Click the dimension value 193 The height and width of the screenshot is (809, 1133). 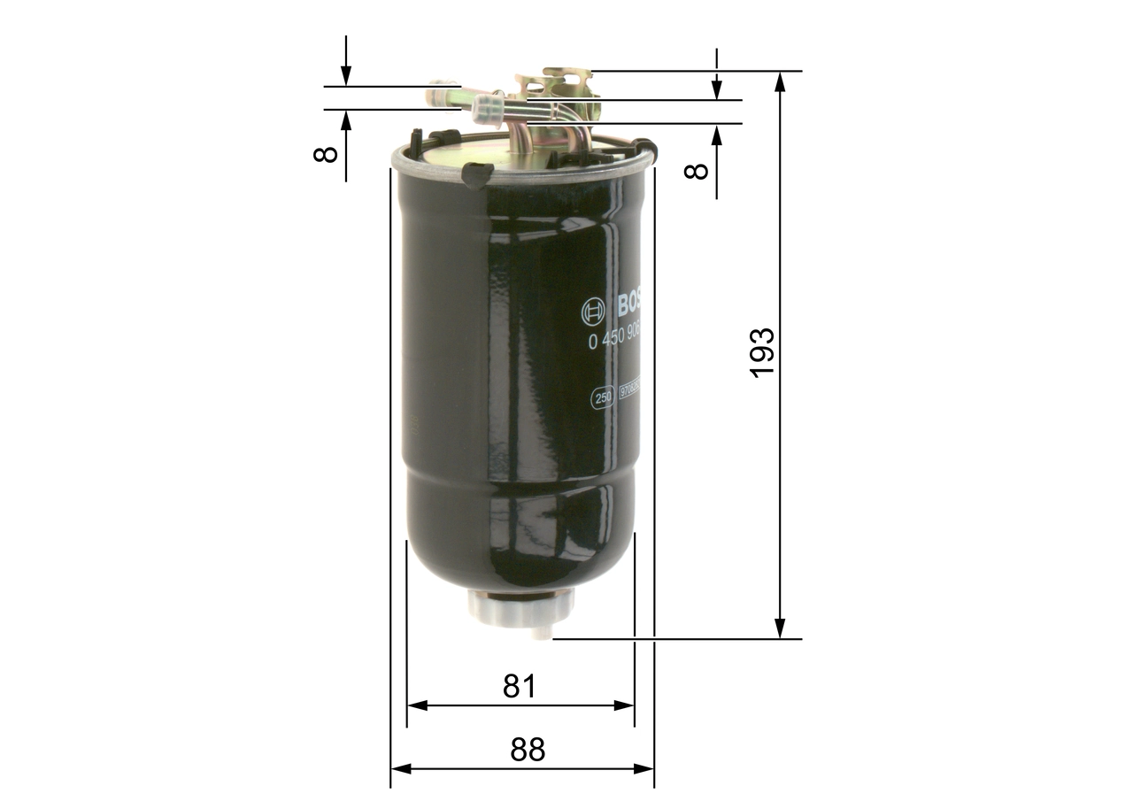[762, 353]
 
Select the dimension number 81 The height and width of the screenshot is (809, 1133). [520, 686]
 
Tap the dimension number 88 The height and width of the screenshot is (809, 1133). [528, 750]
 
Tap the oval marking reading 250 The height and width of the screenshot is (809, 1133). [603, 399]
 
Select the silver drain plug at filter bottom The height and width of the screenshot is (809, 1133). [520, 610]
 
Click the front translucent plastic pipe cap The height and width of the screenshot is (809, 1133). [487, 111]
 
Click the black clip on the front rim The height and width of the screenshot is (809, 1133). [477, 173]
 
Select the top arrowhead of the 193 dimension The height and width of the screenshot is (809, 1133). [780, 81]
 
